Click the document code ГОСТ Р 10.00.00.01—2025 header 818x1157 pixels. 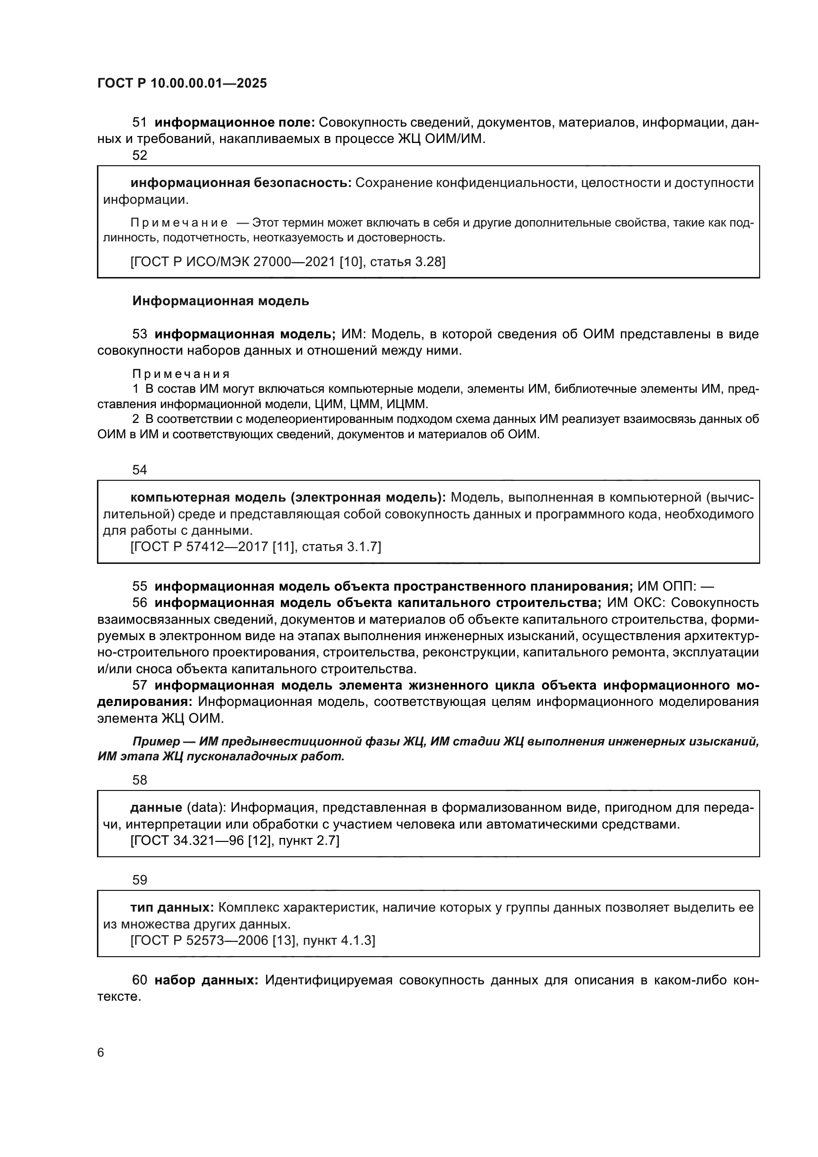click(182, 84)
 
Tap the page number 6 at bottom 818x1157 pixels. click(101, 1052)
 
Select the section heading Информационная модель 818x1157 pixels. click(221, 301)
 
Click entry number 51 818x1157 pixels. click(139, 123)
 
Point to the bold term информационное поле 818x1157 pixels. click(235, 123)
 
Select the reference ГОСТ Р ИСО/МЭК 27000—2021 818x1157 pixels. click(233, 262)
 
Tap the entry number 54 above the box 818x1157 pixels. click(139, 469)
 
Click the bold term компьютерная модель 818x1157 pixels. click(209, 497)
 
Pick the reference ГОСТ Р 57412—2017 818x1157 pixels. click(199, 547)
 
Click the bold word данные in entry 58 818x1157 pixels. click(156, 808)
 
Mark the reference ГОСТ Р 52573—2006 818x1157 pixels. click(199, 940)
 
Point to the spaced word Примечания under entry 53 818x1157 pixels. click(181, 374)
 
